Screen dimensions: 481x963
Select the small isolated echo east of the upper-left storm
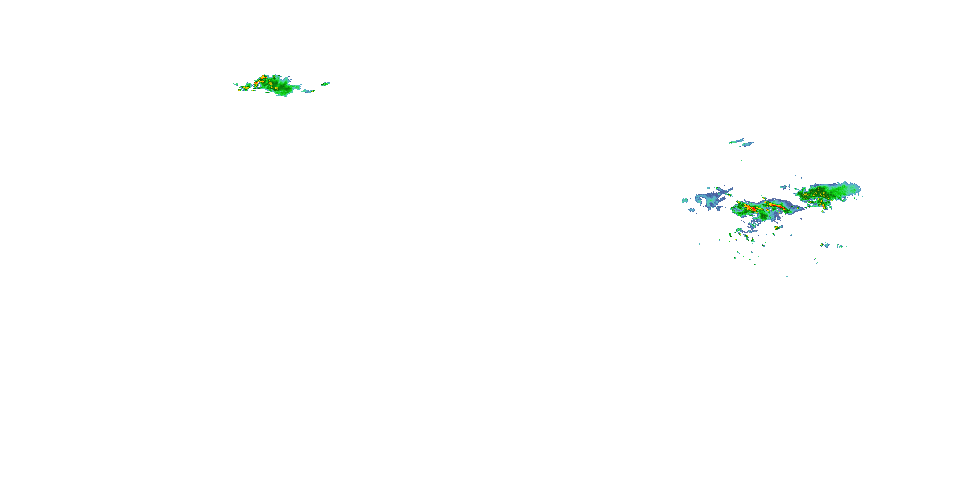325,84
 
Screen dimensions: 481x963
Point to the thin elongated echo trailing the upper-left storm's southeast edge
308,91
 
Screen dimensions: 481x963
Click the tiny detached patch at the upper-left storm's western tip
236,84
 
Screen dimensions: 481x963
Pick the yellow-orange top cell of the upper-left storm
263,77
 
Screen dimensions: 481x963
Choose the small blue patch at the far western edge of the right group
685,200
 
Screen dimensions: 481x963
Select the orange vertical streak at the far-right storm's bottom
824,206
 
